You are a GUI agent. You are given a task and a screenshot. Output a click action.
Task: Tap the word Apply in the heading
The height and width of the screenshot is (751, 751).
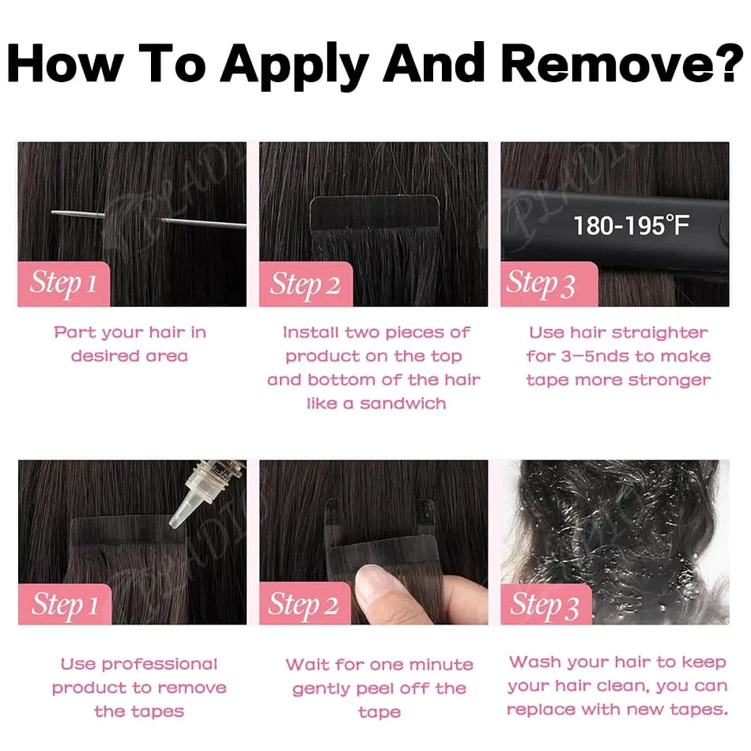tap(295, 67)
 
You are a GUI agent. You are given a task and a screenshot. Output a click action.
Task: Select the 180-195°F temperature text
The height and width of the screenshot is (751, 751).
tap(632, 225)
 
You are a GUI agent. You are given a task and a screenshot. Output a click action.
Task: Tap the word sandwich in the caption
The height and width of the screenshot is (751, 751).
tap(403, 403)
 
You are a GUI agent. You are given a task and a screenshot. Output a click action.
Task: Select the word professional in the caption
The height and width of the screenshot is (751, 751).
tap(160, 665)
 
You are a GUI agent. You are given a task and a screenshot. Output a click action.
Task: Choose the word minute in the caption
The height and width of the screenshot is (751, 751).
tap(441, 665)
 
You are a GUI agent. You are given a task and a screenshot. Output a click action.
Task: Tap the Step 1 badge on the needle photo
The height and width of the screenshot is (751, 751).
tap(64, 284)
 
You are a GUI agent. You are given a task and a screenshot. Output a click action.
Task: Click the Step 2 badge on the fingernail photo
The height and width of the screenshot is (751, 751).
tap(305, 603)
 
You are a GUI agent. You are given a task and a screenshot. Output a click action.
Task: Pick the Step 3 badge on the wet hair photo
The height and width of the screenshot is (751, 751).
tap(546, 604)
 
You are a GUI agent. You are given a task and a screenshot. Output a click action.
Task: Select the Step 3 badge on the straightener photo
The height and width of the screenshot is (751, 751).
tap(549, 284)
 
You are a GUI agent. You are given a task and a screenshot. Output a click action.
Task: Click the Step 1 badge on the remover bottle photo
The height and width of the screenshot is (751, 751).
tap(65, 604)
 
